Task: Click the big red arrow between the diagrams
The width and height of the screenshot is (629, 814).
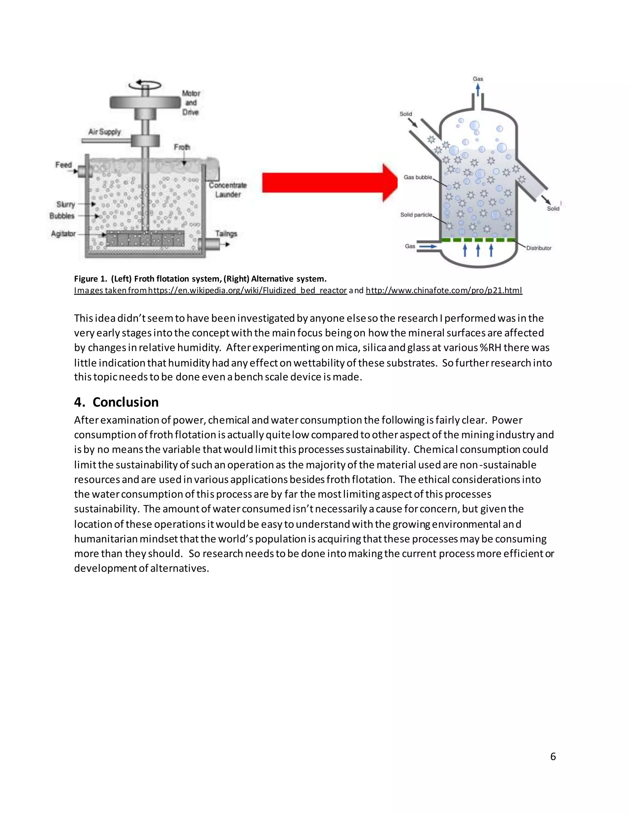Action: click(x=328, y=183)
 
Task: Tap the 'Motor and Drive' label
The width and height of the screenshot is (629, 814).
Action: click(x=191, y=103)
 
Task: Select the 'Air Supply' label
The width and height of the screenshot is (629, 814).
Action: click(x=104, y=132)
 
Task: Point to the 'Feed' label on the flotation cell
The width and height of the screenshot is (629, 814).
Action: click(x=63, y=165)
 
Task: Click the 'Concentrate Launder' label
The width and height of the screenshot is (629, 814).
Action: click(x=228, y=190)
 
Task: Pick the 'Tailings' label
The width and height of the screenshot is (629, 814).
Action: click(x=226, y=234)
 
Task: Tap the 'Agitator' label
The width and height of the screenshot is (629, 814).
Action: click(x=63, y=234)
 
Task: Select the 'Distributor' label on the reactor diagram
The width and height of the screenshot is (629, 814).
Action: click(x=538, y=248)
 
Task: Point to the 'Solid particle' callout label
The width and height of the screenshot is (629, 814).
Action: click(x=416, y=215)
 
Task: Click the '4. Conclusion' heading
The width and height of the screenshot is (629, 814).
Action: click(x=116, y=402)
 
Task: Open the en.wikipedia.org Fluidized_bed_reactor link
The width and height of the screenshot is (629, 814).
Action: click(x=248, y=290)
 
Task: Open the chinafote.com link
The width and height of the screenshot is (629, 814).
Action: click(x=444, y=290)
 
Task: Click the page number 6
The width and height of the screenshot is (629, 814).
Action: click(x=553, y=756)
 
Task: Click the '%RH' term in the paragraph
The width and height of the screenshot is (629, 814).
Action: click(x=490, y=348)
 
